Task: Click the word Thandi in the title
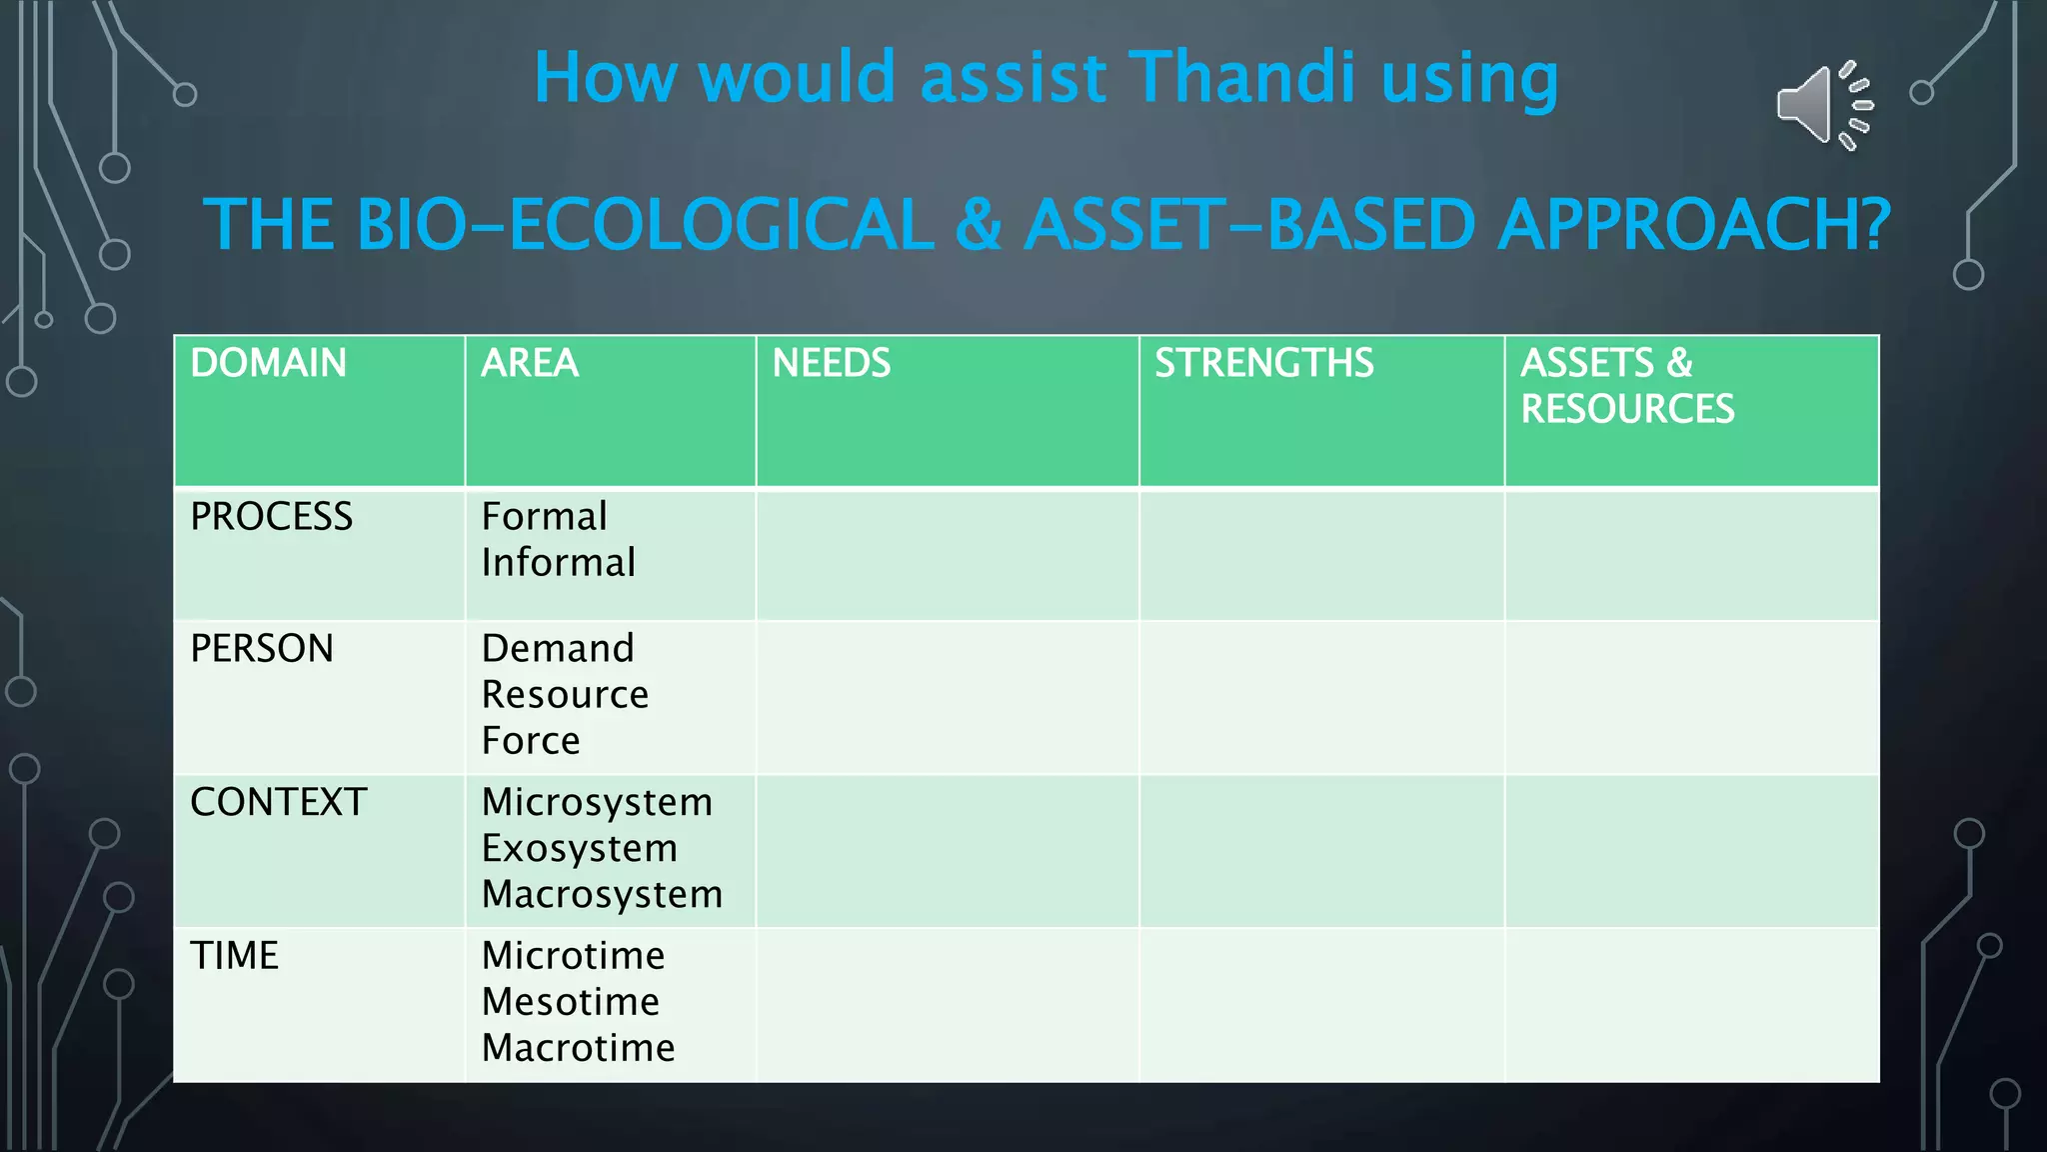coord(1244,78)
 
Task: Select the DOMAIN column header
coord(268,363)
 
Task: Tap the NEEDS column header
coord(831,363)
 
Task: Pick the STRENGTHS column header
coord(1263,363)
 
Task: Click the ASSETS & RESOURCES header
coord(1626,386)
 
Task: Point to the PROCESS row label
coord(271,517)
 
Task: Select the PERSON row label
coord(262,649)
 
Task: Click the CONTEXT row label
coord(278,802)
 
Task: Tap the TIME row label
coord(234,956)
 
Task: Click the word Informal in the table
coord(558,563)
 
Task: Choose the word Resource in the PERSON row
coord(565,695)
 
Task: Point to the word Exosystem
coord(579,849)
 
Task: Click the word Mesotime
coord(570,1002)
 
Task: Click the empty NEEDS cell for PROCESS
coord(947,555)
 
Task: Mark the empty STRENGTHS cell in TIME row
coord(1321,1005)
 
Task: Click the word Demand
coord(557,649)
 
